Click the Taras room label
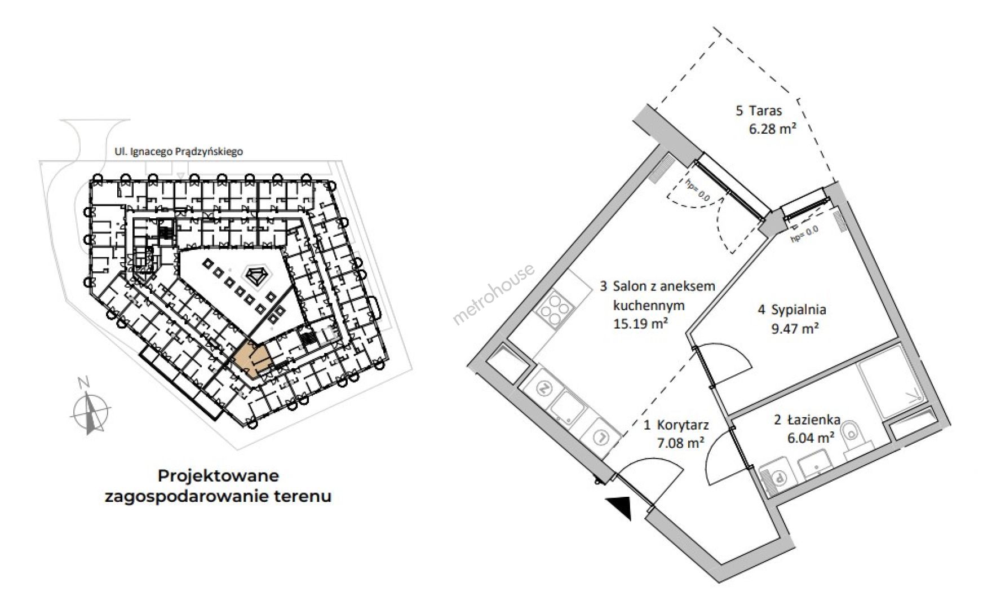[759, 111]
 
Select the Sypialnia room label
[792, 310]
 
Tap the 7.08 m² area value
[680, 443]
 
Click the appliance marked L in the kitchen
[601, 436]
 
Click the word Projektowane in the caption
[218, 475]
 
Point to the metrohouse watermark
[494, 295]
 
